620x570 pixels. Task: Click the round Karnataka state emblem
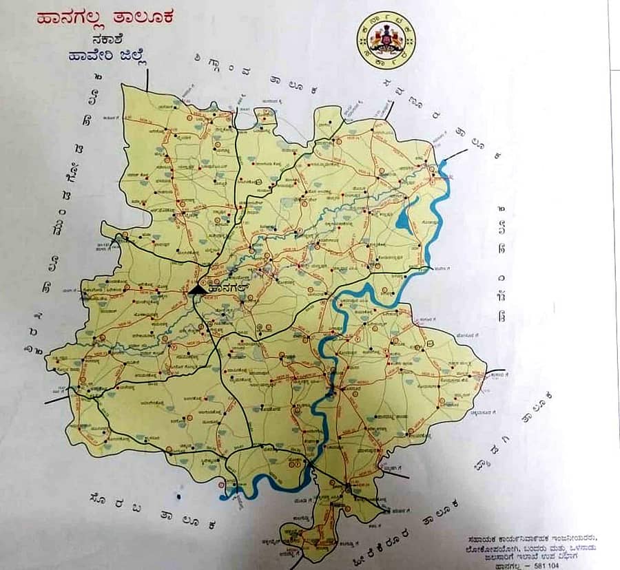pos(386,40)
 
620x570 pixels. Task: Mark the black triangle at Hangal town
pos(196,291)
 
